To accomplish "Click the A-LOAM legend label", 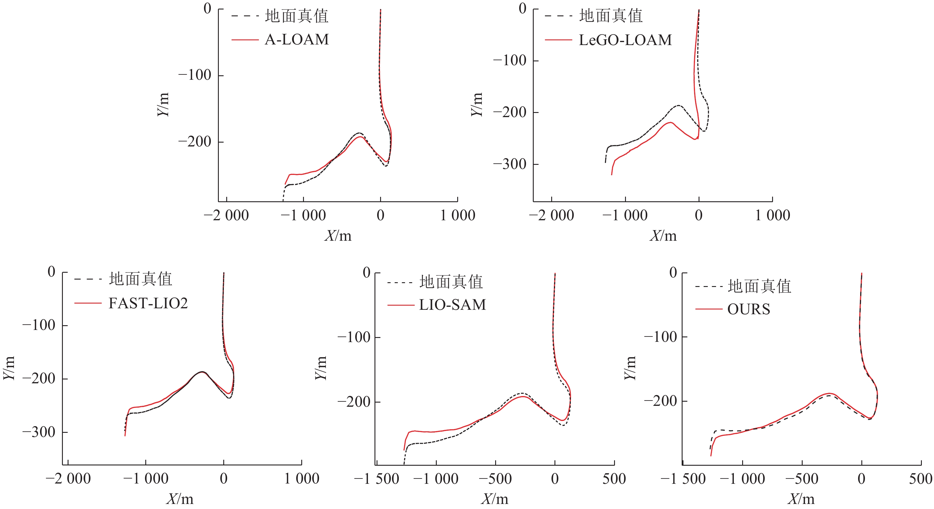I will (x=297, y=39).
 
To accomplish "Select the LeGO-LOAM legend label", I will (x=625, y=40).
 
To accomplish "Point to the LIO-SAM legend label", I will (x=452, y=305).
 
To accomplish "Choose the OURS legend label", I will (x=749, y=309).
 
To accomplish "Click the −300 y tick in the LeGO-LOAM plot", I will (x=509, y=164).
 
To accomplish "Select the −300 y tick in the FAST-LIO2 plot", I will (x=39, y=432).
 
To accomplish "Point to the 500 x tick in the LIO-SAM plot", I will (x=614, y=479).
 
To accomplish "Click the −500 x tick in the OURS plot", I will (x=802, y=479).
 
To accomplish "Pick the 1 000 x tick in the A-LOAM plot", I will (x=458, y=215).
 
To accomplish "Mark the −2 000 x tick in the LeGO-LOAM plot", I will (x=551, y=215).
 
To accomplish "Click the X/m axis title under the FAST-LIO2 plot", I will (x=180, y=499).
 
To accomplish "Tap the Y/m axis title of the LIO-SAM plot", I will (x=321, y=368).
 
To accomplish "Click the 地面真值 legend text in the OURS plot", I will (x=759, y=286).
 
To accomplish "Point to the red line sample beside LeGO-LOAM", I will (x=558, y=40).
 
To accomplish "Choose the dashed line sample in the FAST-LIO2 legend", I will (x=88, y=279).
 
